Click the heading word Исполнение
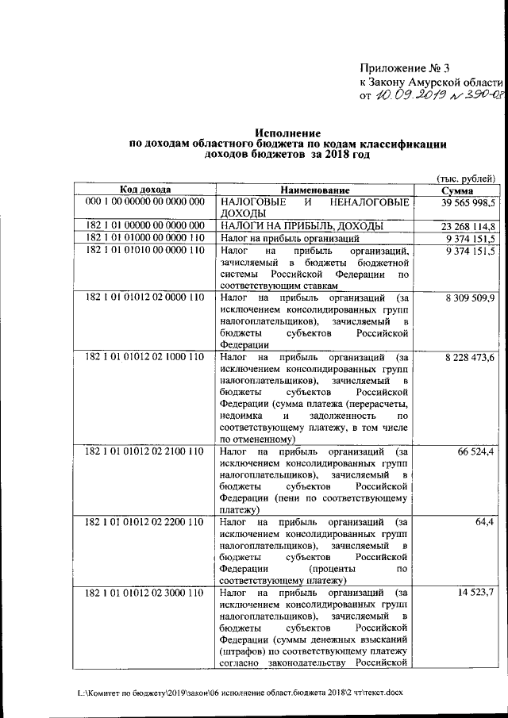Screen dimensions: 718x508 pyautogui.click(x=287, y=132)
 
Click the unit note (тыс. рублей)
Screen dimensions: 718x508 pyautogui.click(x=468, y=178)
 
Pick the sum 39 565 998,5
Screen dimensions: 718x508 pyautogui.click(x=463, y=203)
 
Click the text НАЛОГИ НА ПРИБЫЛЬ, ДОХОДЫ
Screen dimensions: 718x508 pyautogui.click(x=304, y=226)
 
